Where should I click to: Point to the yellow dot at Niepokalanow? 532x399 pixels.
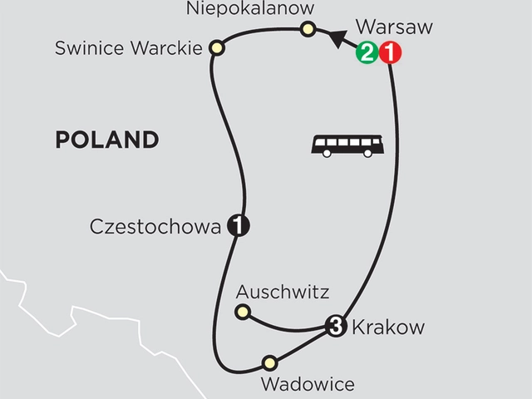click(x=308, y=31)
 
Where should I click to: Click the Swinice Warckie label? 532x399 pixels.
click(x=128, y=48)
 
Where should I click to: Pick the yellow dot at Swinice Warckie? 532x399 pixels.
click(x=217, y=48)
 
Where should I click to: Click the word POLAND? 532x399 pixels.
click(x=106, y=139)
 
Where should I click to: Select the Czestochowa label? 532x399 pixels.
click(x=156, y=225)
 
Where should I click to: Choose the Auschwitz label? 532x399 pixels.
click(x=283, y=292)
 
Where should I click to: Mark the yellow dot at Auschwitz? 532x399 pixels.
click(x=243, y=312)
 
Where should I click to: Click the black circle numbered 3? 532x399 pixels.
click(x=336, y=325)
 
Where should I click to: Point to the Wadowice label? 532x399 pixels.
click(x=307, y=384)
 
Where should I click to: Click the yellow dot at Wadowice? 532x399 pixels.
click(x=268, y=362)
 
